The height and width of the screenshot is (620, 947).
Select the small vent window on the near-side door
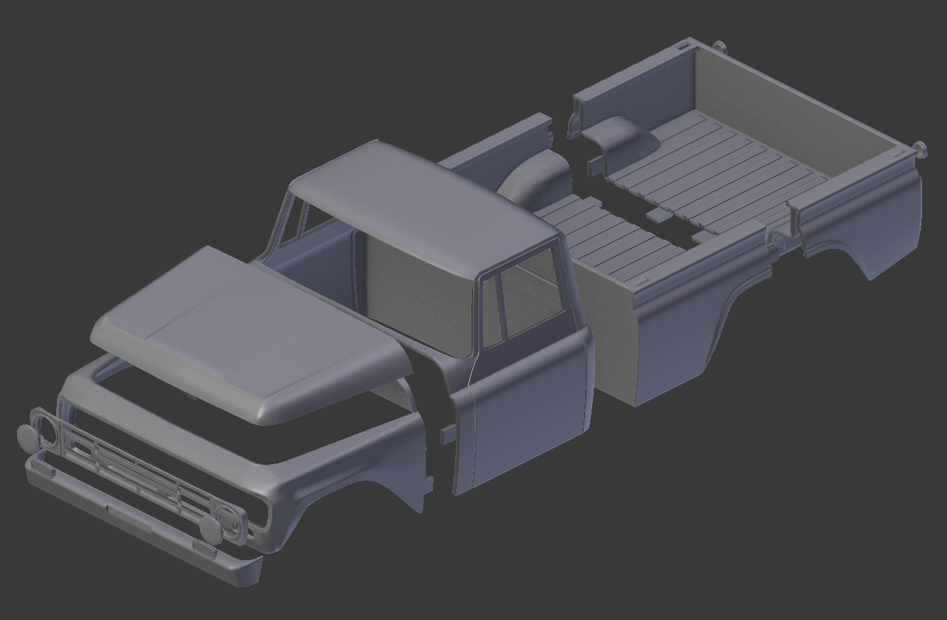coord(491,313)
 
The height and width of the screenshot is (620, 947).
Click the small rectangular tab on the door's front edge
coord(446,434)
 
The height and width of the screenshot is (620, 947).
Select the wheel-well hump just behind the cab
coord(537,178)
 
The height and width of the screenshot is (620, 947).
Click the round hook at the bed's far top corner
coord(719,47)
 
